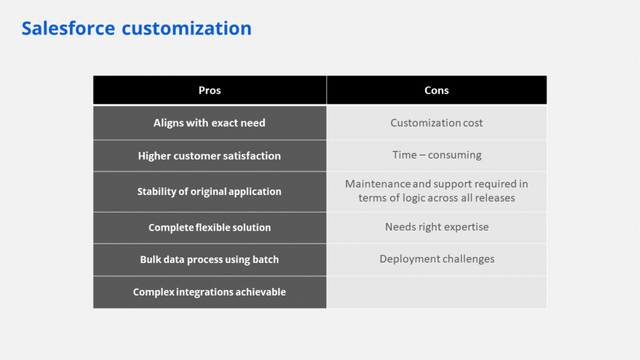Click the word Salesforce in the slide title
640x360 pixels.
(x=68, y=28)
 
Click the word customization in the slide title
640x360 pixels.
(x=186, y=28)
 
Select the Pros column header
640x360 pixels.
(x=210, y=90)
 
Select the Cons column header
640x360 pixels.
(x=437, y=90)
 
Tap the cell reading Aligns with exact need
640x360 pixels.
(x=210, y=123)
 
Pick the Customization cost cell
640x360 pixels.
(x=437, y=123)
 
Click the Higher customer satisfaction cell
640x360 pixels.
(x=210, y=156)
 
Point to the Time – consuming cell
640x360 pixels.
(x=437, y=156)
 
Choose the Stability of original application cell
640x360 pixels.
(x=210, y=191)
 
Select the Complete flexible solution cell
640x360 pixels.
(x=210, y=227)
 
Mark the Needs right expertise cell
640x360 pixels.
(x=437, y=227)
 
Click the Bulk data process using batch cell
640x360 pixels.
(x=210, y=259)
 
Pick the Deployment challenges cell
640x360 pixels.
(x=437, y=259)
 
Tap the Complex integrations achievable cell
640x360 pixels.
(x=210, y=292)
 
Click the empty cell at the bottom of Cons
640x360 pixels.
(x=437, y=292)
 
